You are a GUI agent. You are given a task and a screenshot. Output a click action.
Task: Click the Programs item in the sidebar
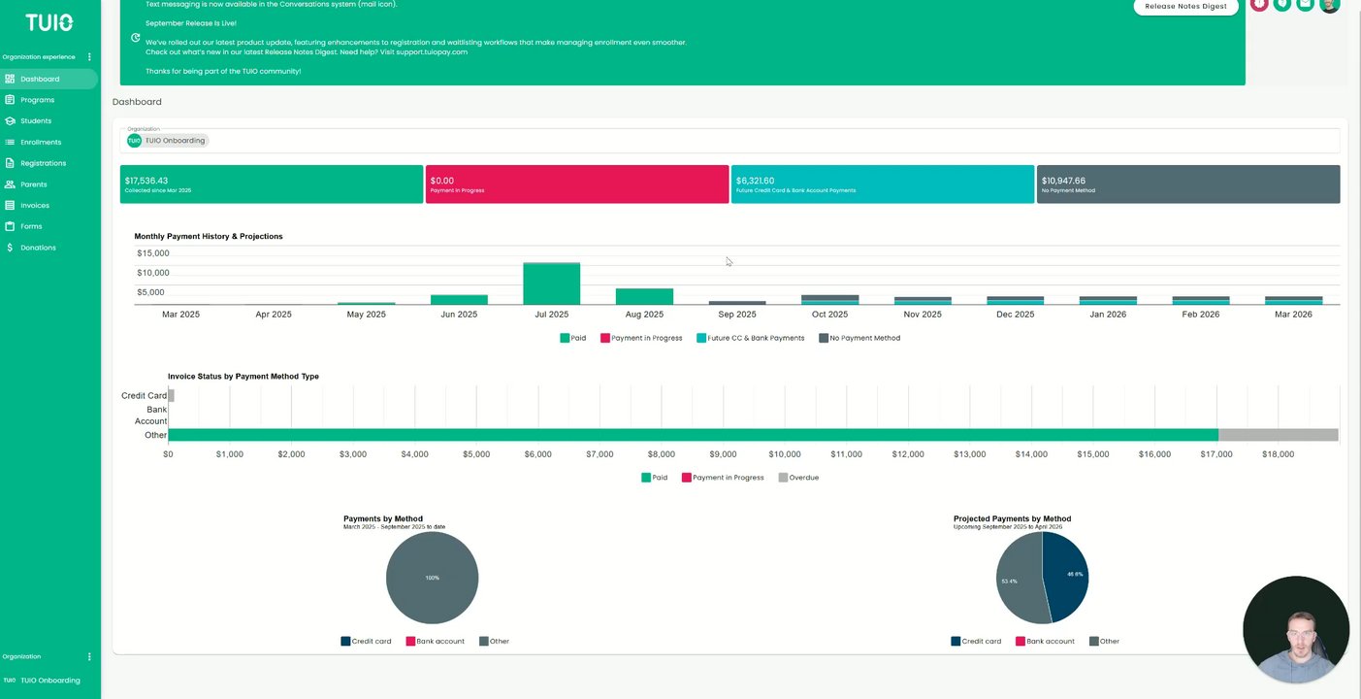click(x=37, y=100)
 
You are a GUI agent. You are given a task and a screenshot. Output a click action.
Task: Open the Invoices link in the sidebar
click(x=35, y=206)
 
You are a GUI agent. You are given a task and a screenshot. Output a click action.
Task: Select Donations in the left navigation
click(x=38, y=248)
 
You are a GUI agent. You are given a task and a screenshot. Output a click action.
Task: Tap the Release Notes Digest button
click(x=1186, y=6)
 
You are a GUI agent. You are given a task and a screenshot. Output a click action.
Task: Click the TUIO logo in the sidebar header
click(x=49, y=22)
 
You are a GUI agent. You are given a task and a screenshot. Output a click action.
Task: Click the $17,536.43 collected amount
click(x=146, y=181)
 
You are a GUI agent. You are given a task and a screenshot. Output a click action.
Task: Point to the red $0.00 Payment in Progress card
click(x=576, y=184)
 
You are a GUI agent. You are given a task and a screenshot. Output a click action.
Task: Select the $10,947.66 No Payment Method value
click(x=1063, y=181)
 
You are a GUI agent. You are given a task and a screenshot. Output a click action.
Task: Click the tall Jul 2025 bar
click(x=551, y=283)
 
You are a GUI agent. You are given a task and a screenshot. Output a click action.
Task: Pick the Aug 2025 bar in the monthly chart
click(x=644, y=296)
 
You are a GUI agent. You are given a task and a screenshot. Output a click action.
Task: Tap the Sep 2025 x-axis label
click(x=737, y=315)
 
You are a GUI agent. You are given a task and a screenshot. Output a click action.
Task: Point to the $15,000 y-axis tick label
click(x=153, y=253)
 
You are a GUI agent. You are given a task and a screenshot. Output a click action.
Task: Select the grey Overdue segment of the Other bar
click(x=1278, y=435)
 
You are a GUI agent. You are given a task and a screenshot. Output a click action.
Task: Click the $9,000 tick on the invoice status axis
click(x=723, y=454)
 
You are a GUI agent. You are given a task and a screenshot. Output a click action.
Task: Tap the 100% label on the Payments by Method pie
click(x=432, y=578)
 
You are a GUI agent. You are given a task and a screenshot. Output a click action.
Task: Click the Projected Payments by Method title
click(x=1012, y=518)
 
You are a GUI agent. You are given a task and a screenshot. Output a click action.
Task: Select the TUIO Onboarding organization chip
click(x=168, y=141)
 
